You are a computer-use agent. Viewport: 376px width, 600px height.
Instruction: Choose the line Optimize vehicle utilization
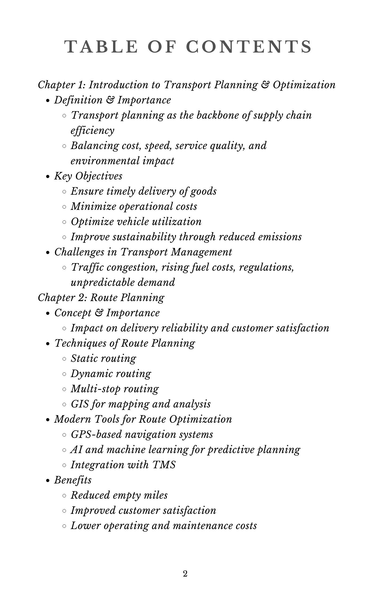[x=136, y=222]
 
